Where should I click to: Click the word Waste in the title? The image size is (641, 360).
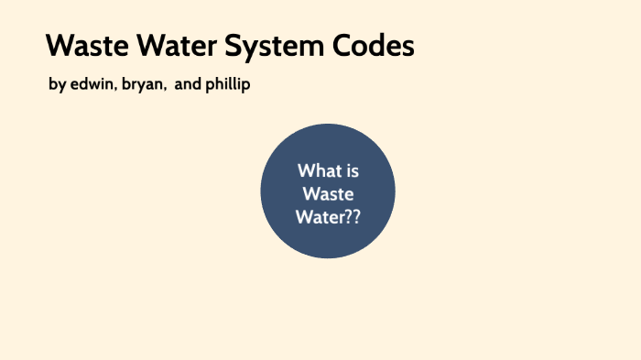point(84,46)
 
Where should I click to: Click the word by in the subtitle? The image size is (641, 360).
point(57,84)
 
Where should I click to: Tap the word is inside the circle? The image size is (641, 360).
point(352,171)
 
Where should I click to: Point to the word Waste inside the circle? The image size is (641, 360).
point(328,194)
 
